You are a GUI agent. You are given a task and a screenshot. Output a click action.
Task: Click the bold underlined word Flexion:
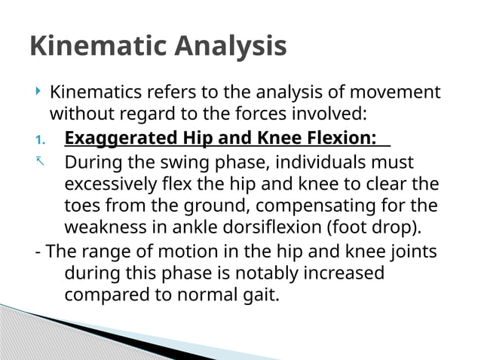tap(339, 139)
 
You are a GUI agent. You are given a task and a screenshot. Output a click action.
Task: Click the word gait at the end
tap(259, 295)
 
